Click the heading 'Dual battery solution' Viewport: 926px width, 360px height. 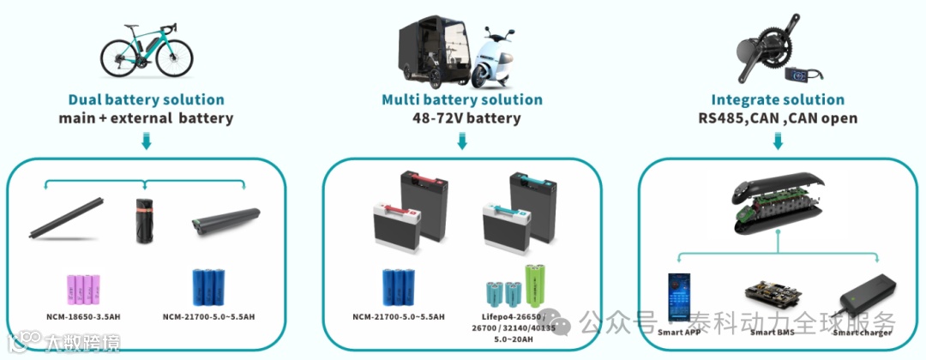coord(146,99)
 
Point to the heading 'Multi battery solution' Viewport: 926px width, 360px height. coord(462,99)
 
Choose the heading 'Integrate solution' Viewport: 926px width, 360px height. coord(778,99)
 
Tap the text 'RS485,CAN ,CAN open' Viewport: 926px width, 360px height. coord(778,118)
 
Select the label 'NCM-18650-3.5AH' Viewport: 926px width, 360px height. coord(83,317)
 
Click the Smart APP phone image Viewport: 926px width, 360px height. coord(682,296)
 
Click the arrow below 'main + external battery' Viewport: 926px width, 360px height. coord(146,141)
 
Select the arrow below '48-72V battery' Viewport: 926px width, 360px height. coord(462,141)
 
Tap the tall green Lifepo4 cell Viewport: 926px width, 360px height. coord(535,286)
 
